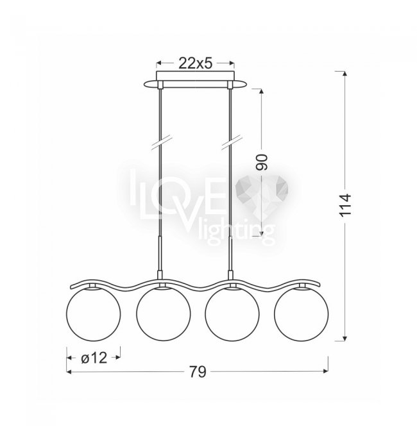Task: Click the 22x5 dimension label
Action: click(x=195, y=63)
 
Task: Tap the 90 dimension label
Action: click(x=262, y=162)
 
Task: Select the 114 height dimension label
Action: click(x=345, y=205)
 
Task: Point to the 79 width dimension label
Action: click(x=198, y=371)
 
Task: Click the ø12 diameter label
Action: click(x=94, y=358)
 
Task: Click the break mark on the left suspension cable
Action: click(x=162, y=143)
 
